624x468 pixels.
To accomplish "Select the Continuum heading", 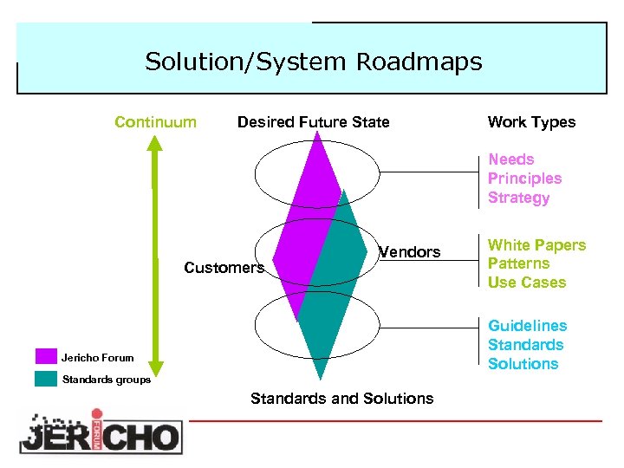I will (155, 122).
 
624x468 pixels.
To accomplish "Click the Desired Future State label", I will (313, 122).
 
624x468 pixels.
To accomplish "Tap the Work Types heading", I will (531, 122).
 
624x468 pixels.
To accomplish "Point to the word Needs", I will (510, 159).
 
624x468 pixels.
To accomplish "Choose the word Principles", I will (524, 179).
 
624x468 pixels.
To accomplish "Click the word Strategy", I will (518, 198).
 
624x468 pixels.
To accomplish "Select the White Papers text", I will (536, 245).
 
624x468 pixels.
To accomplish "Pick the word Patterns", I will (518, 263).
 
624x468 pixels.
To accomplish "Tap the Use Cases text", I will (526, 283).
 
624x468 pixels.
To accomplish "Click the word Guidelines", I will (527, 326).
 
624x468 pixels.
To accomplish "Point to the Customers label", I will (224, 268).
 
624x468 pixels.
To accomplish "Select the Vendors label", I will (410, 252).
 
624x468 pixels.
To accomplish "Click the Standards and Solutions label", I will (341, 399).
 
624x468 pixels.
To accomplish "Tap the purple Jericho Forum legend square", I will (46, 356).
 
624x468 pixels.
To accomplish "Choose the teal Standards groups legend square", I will (46, 379).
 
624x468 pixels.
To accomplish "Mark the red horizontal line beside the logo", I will (395, 421).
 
